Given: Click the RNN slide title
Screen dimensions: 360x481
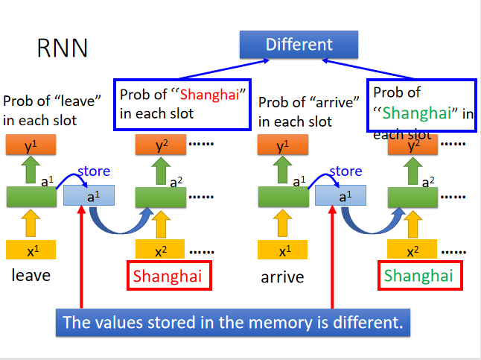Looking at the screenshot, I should (63, 48).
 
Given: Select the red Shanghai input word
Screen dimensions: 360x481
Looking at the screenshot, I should (168, 276).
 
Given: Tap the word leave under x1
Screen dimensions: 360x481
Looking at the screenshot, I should (31, 276).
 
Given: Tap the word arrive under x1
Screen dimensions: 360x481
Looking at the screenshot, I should (282, 277).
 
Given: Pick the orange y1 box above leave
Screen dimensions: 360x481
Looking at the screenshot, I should (31, 146).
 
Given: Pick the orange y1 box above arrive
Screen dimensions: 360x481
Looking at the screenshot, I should (283, 146).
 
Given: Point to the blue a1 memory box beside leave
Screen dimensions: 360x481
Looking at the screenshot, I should (89, 196).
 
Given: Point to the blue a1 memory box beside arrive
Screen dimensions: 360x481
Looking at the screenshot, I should (341, 196).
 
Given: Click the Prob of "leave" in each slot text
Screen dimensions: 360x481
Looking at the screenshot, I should (43, 110).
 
